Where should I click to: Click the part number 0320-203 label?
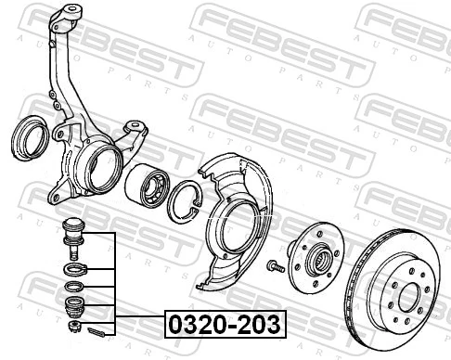coord(225,324)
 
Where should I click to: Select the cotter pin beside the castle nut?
coord(97,328)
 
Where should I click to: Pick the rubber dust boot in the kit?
coord(71,305)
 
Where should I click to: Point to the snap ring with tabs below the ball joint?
coord(71,269)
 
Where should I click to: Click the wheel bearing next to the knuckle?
coord(147,186)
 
